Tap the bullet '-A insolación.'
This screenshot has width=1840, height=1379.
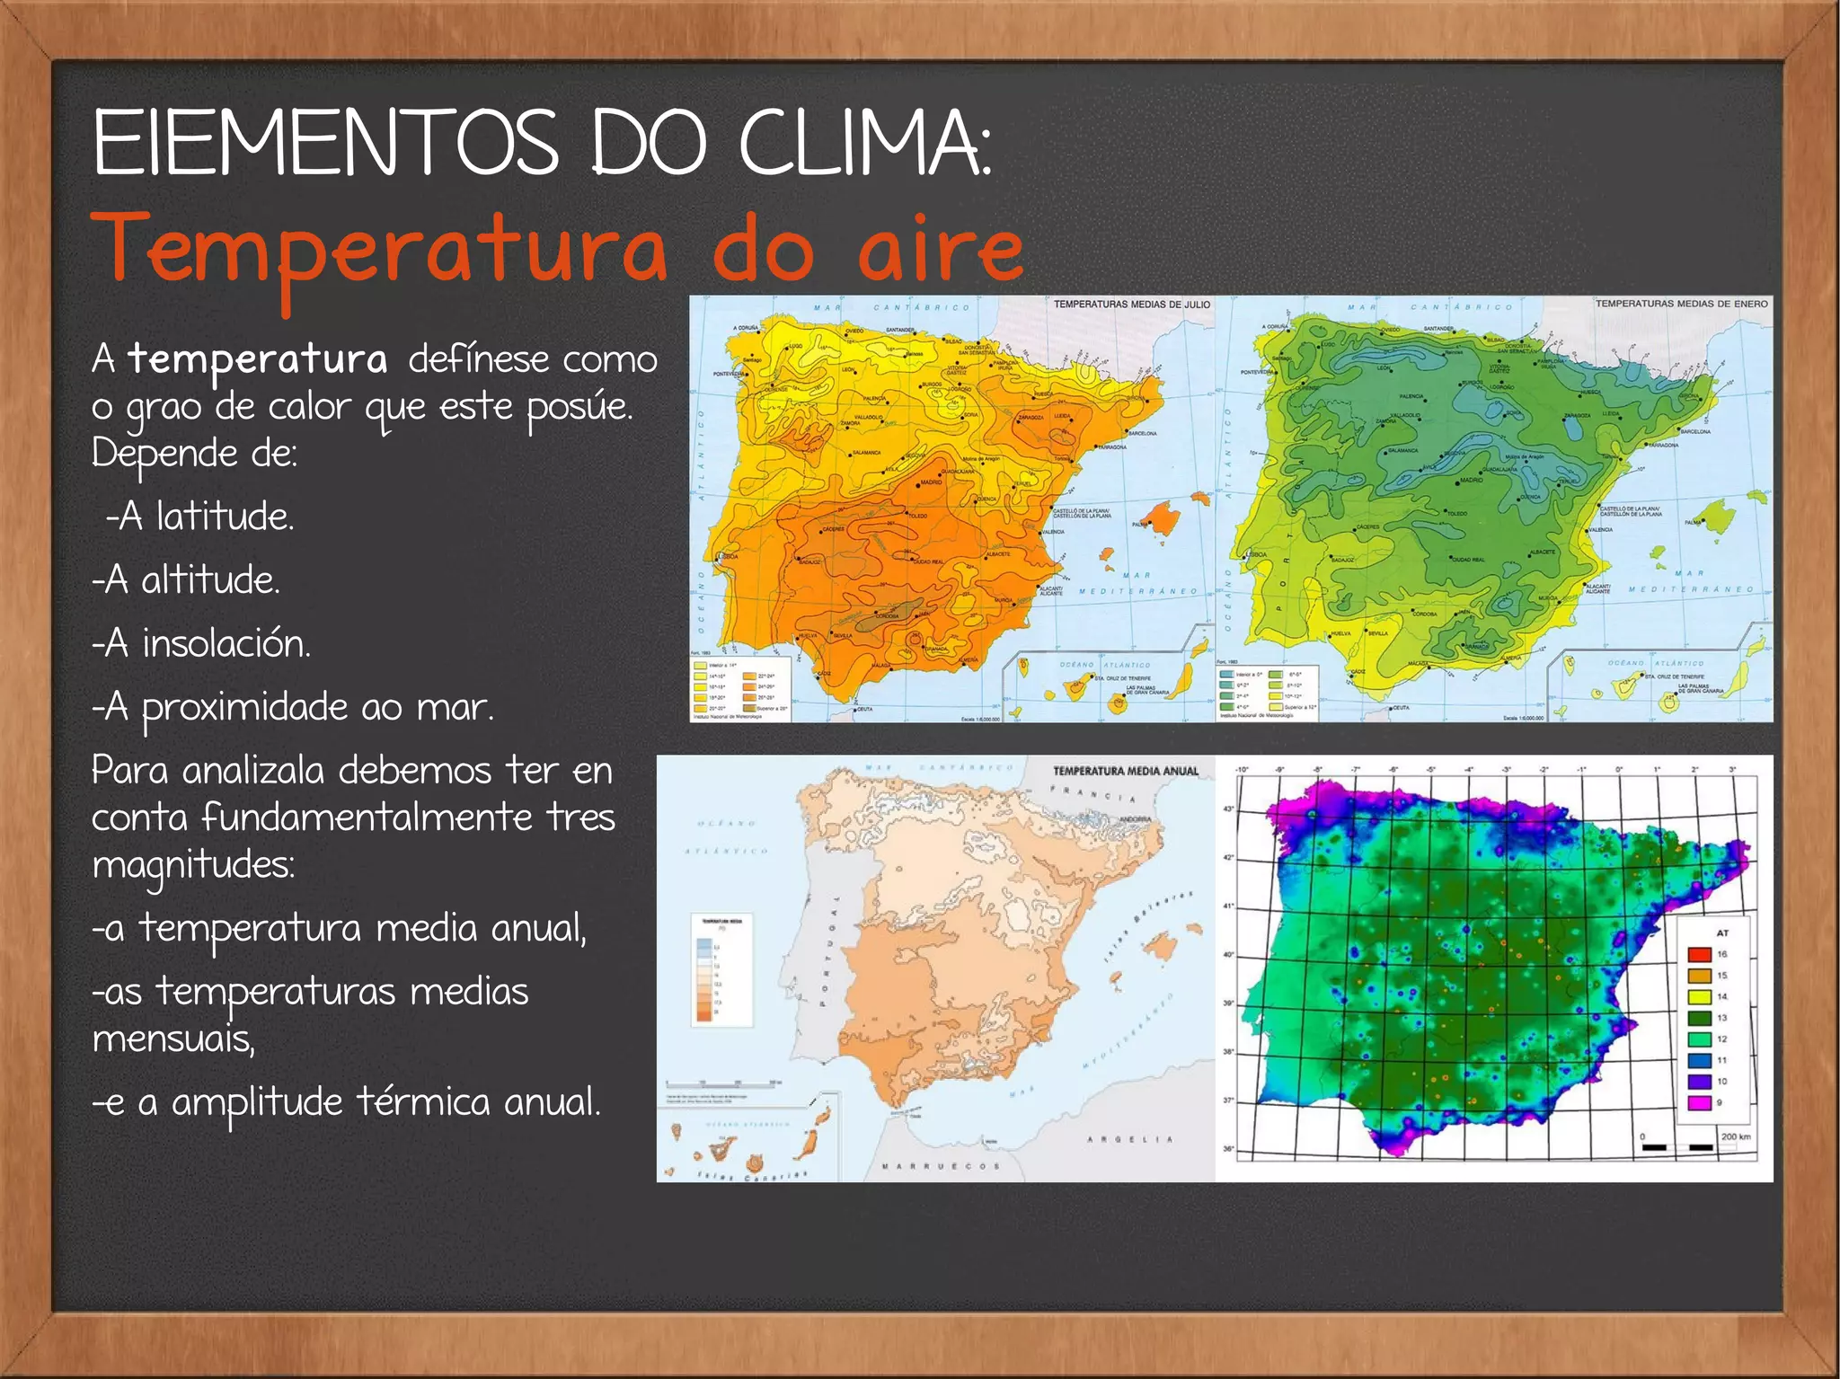tap(201, 643)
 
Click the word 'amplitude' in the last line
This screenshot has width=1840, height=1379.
tap(257, 1102)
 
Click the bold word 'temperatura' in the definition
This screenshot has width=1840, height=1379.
tap(258, 358)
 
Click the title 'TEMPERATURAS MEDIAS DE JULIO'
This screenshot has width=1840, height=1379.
tap(1131, 305)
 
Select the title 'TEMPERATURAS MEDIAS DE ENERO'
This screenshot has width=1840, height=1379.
tap(1681, 304)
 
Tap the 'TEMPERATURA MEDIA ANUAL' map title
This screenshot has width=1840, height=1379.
tap(1125, 771)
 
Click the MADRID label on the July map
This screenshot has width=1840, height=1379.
tap(932, 482)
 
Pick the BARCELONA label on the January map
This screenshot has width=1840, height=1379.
tap(1694, 432)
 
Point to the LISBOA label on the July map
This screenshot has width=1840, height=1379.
tap(729, 556)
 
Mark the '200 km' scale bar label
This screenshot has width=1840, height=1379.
tap(1735, 1136)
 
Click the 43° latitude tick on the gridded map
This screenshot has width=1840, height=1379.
tap(1229, 809)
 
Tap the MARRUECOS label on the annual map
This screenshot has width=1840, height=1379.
tap(941, 1166)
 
